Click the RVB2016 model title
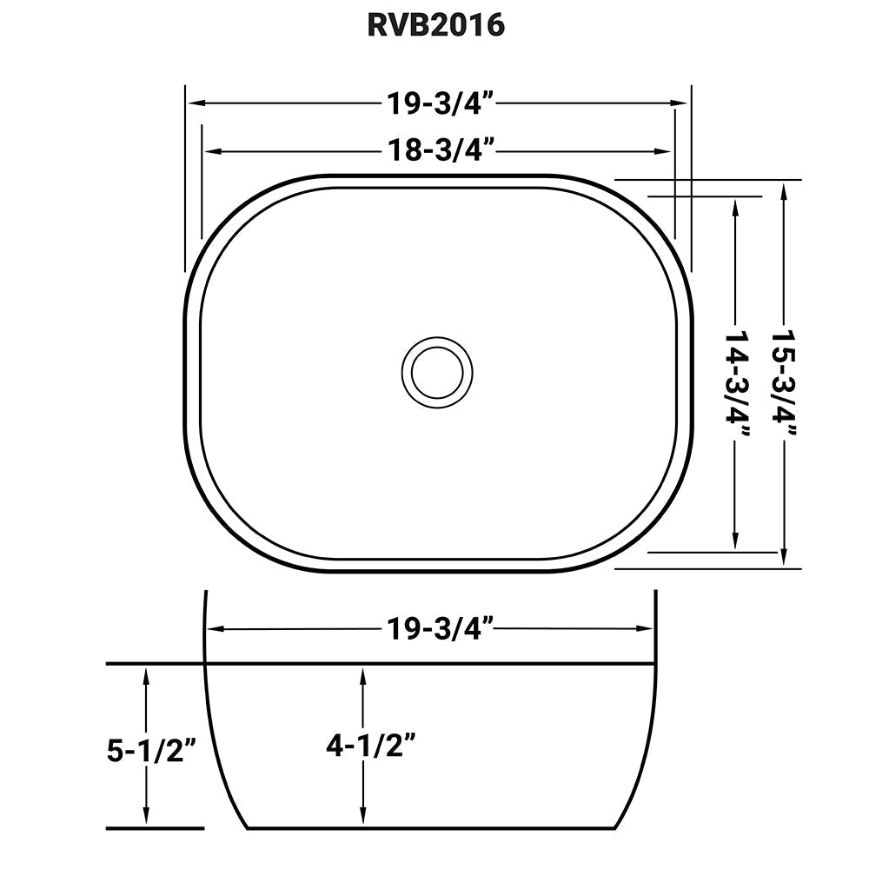tap(434, 25)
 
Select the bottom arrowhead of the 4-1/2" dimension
tap(362, 819)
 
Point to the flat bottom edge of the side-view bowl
tap(434, 828)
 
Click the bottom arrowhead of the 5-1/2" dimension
tap(147, 819)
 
